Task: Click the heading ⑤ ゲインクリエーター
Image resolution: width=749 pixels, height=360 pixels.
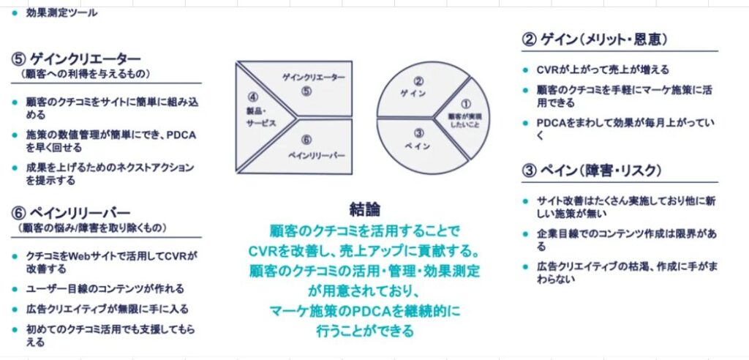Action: tap(76, 59)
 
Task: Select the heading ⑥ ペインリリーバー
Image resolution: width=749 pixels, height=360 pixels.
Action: tap(71, 213)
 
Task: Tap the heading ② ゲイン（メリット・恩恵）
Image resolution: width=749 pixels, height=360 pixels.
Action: tap(595, 40)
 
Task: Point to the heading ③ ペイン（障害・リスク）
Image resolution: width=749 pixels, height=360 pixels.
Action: tap(592, 170)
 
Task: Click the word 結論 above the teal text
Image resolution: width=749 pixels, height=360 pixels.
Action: tap(365, 209)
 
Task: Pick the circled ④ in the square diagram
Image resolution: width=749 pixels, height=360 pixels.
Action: tap(252, 97)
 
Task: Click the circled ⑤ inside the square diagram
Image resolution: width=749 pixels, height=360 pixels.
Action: tap(306, 91)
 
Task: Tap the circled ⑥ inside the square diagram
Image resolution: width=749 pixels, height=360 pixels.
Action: tap(306, 140)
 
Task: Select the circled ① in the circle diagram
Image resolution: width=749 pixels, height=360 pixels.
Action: tap(465, 104)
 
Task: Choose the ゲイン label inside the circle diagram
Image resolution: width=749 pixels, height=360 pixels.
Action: tap(413, 94)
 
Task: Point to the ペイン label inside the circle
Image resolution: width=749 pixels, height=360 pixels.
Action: tap(416, 146)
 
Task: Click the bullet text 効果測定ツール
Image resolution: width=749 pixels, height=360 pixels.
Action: tap(61, 13)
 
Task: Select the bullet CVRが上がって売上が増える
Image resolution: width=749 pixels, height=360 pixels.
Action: tap(603, 70)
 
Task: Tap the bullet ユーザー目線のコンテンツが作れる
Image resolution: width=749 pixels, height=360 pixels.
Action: tap(105, 289)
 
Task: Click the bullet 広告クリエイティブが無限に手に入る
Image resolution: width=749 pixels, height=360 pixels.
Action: tap(107, 310)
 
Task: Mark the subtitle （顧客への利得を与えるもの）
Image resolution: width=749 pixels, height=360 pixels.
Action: tap(85, 74)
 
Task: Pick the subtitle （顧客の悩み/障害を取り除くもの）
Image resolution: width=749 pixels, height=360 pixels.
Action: tap(92, 228)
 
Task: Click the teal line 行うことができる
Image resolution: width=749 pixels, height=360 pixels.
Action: tap(365, 330)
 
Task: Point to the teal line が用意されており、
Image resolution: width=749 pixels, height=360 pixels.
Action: tap(365, 291)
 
